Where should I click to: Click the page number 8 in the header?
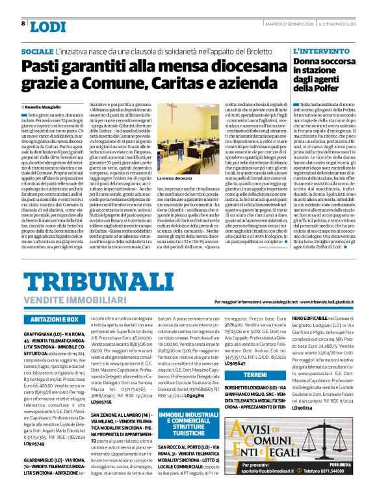[x=24, y=24]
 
